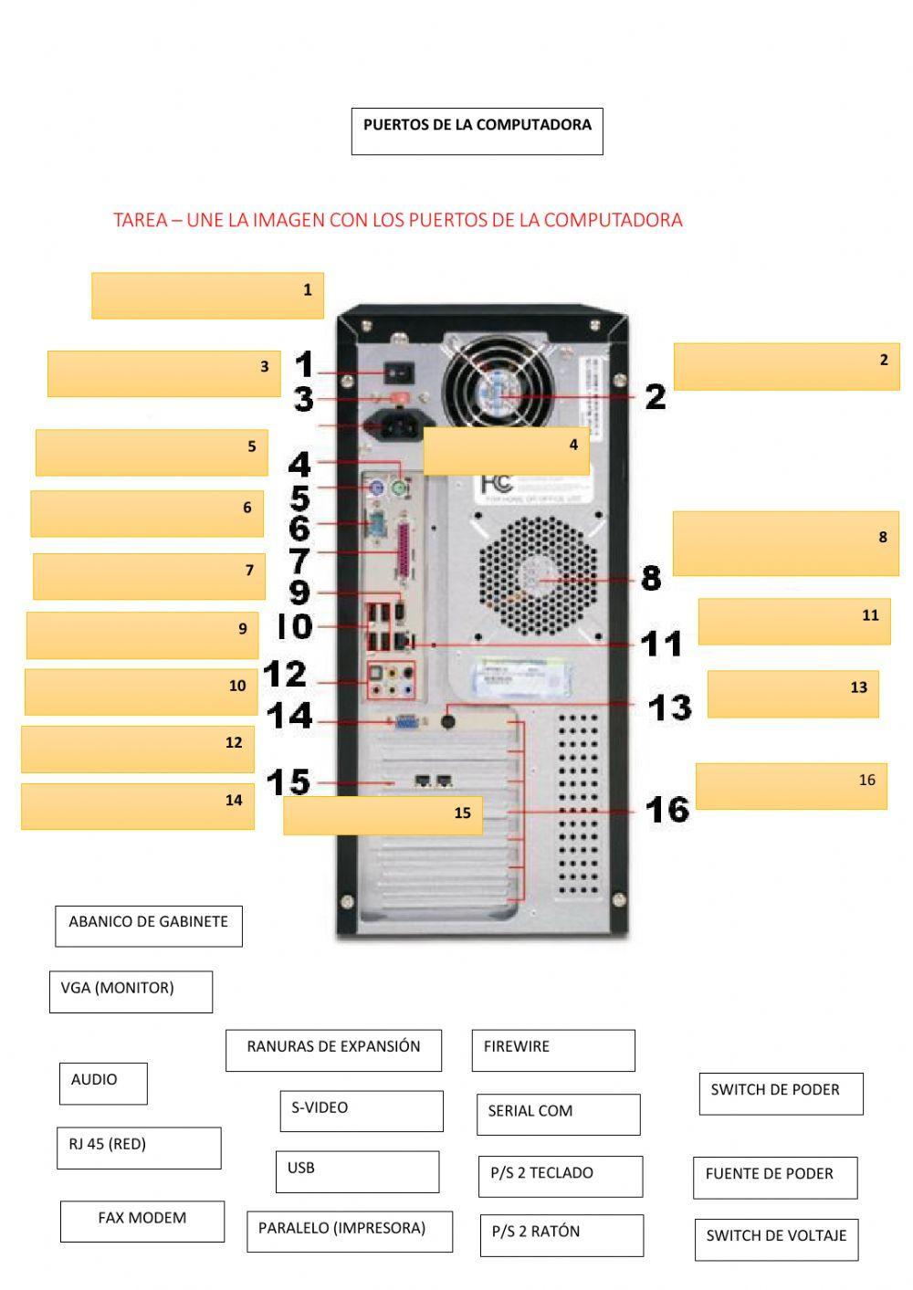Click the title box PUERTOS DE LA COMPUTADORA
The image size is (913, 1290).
pyautogui.click(x=477, y=131)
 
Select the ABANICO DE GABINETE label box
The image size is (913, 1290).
pyautogui.click(x=149, y=926)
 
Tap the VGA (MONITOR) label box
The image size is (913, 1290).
pyautogui.click(x=131, y=991)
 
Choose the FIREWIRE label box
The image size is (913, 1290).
pyautogui.click(x=553, y=1050)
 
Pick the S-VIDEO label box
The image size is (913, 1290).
pyautogui.click(x=362, y=1111)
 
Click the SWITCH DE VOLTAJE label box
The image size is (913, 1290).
pyautogui.click(x=776, y=1239)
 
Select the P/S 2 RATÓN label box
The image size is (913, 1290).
pyautogui.click(x=561, y=1234)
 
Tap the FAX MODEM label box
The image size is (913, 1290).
pyautogui.click(x=142, y=1222)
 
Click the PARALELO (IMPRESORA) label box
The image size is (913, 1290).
pyautogui.click(x=350, y=1232)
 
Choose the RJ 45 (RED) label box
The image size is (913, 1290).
pyautogui.click(x=139, y=1148)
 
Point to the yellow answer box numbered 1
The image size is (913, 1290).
pyautogui.click(x=207, y=295)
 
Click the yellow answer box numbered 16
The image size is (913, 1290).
pyautogui.click(x=791, y=786)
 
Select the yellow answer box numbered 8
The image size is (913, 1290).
pyautogui.click(x=785, y=543)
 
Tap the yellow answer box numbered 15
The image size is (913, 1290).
pyautogui.click(x=383, y=815)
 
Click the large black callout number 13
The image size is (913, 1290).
pyautogui.click(x=669, y=707)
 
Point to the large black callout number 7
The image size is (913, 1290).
pyautogui.click(x=299, y=560)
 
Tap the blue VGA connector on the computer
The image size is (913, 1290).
pyautogui.click(x=406, y=723)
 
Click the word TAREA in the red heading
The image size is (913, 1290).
pyautogui.click(x=140, y=220)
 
